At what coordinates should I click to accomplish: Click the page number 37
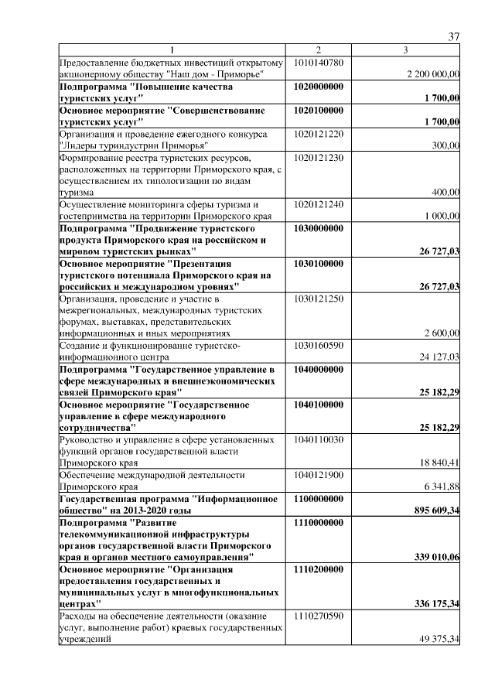tap(454, 36)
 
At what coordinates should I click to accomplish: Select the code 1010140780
tap(324, 62)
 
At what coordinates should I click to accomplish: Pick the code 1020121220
tap(324, 134)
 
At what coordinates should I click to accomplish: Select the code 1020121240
tap(324, 204)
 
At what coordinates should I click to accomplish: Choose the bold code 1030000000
tap(324, 228)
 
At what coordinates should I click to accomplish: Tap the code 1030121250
tap(324, 298)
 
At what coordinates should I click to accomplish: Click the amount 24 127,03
tap(438, 357)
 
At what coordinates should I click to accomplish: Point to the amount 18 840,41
tap(438, 463)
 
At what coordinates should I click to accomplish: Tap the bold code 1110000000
tap(324, 523)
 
